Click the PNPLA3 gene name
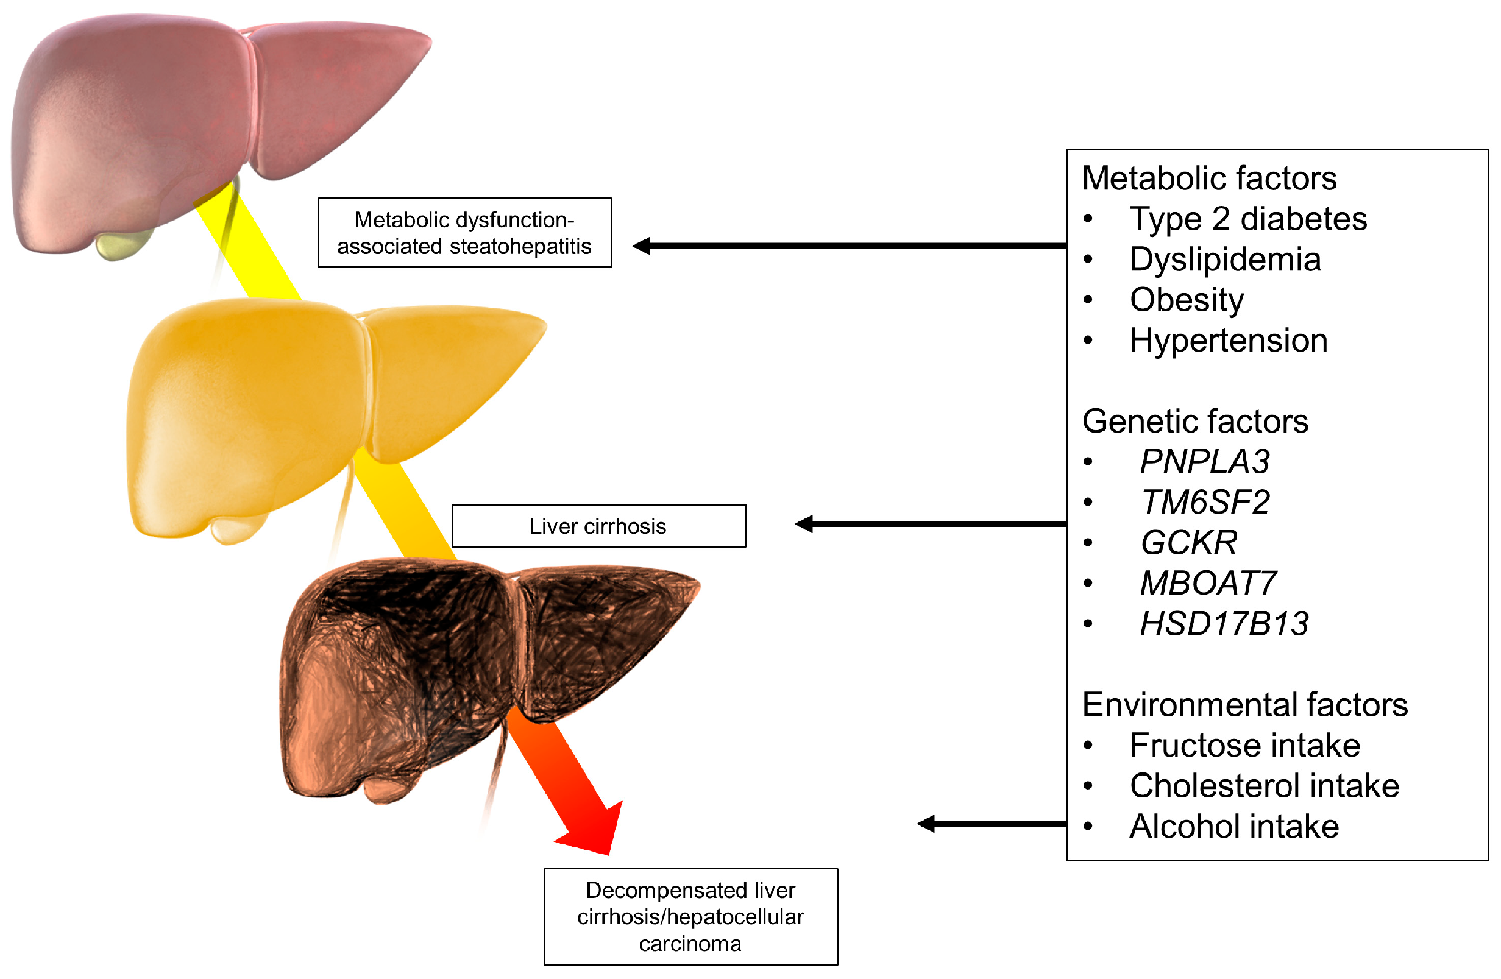(x=1204, y=461)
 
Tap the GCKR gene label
(x=1189, y=543)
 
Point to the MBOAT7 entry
(x=1208, y=583)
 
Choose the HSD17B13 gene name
(x=1224, y=624)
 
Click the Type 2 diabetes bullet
(x=1248, y=219)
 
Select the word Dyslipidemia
(x=1225, y=260)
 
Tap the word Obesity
(x=1187, y=300)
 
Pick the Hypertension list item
(x=1228, y=341)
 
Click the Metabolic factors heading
(x=1209, y=178)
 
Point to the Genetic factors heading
(x=1195, y=421)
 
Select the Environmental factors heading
(x=1245, y=705)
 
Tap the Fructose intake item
(x=1244, y=746)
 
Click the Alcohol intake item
(x=1233, y=827)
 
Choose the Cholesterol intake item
(x=1264, y=786)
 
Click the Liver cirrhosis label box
(x=598, y=526)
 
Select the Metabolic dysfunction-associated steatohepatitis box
(x=465, y=233)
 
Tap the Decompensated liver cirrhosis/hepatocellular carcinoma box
(x=690, y=917)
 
